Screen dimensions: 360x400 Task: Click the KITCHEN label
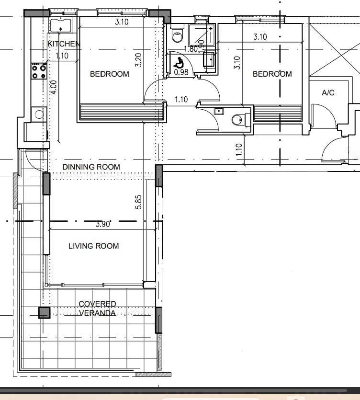(64, 44)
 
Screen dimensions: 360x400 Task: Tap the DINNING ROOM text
(91, 167)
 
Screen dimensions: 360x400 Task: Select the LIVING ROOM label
(93, 246)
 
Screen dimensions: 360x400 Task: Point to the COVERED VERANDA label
(97, 309)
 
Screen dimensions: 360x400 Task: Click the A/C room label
(328, 92)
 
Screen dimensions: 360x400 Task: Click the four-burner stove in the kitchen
(39, 72)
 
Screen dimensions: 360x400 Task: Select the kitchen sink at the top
(60, 25)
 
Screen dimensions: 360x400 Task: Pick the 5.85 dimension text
(138, 202)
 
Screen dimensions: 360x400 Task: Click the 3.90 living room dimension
(103, 224)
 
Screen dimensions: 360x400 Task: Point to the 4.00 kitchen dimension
(54, 87)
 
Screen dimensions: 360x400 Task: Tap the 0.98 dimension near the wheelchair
(181, 72)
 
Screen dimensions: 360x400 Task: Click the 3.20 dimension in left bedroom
(138, 60)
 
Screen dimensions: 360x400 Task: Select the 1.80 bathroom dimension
(191, 49)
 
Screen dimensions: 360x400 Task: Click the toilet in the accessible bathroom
(177, 34)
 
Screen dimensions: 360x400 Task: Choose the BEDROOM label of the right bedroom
(272, 74)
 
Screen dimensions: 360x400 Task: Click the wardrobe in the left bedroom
(122, 112)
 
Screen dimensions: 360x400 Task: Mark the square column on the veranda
(44, 313)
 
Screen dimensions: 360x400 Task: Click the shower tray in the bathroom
(202, 34)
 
